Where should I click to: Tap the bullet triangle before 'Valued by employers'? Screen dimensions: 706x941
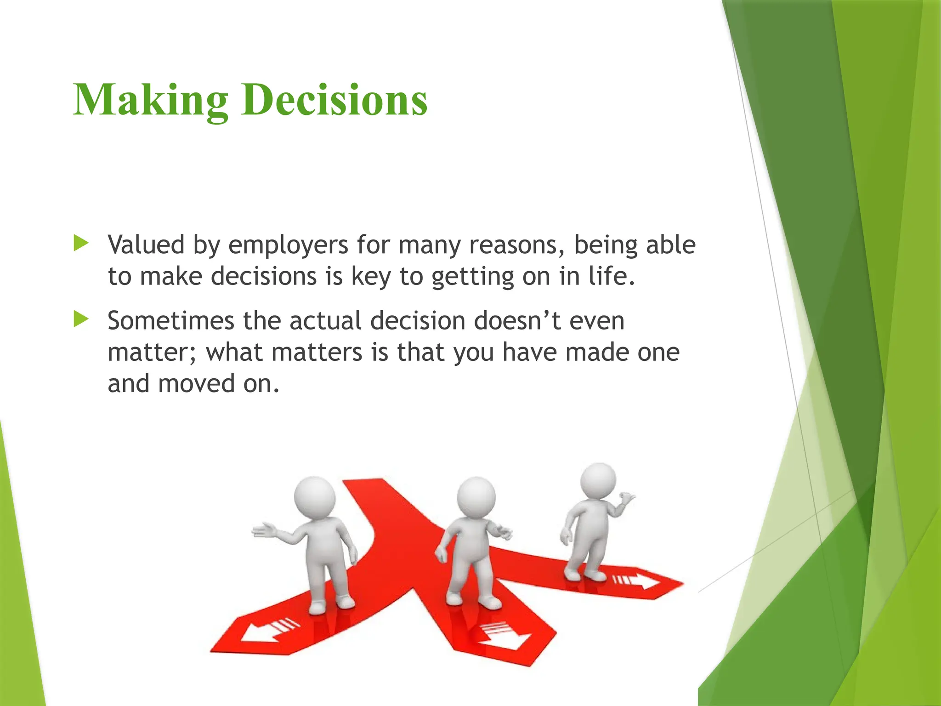click(x=81, y=243)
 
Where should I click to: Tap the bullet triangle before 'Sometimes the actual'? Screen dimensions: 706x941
click(x=81, y=319)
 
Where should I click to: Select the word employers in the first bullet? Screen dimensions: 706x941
click(x=288, y=245)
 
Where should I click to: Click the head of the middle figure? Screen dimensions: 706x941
click(x=476, y=497)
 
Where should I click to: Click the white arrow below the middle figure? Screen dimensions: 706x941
click(x=502, y=637)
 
